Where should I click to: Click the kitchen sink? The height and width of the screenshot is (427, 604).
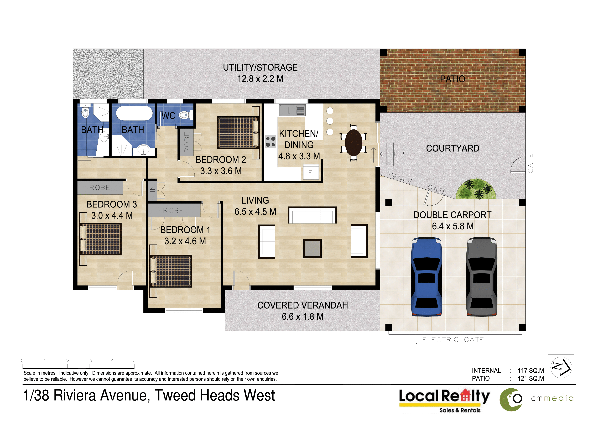(x=292, y=110)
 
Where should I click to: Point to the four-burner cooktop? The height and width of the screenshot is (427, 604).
(x=270, y=142)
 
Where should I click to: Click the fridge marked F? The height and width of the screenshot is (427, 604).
(x=311, y=173)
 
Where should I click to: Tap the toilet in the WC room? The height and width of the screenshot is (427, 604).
(x=186, y=115)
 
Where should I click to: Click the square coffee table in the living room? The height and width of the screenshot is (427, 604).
(x=312, y=248)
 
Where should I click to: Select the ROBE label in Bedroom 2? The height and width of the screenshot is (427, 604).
(x=187, y=142)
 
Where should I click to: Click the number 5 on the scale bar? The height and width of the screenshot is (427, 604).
(x=135, y=360)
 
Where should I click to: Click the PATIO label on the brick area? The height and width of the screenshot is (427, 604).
(x=452, y=79)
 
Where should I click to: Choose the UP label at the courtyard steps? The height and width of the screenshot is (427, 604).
(x=399, y=154)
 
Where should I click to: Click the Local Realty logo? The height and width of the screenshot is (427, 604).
(x=444, y=400)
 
